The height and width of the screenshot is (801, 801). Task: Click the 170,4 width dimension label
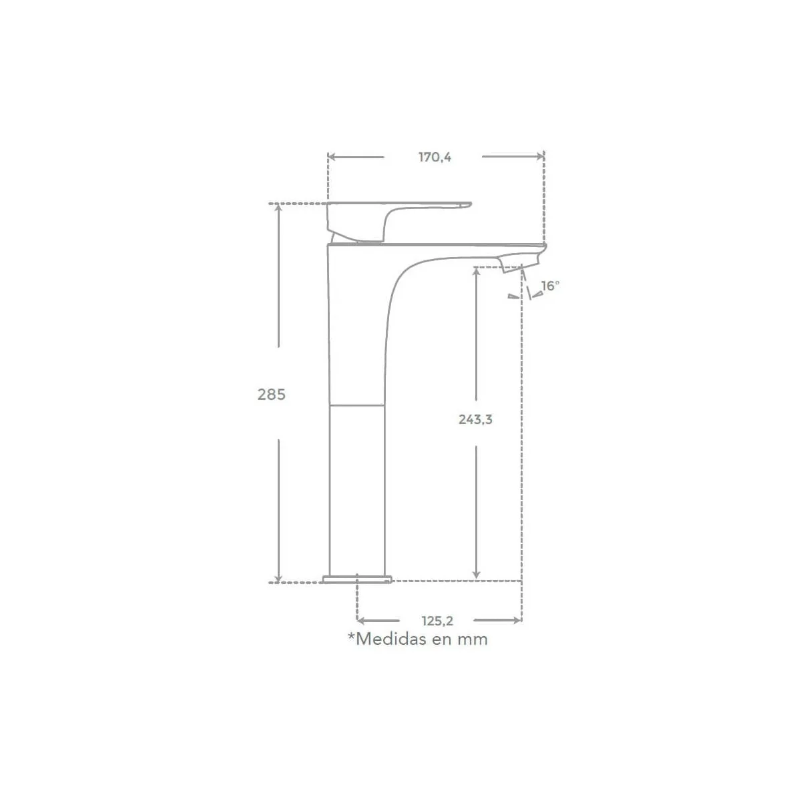tap(435, 157)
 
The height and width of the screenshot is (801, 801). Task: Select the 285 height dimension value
tap(272, 394)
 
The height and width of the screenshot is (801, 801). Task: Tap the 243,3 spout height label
tap(475, 419)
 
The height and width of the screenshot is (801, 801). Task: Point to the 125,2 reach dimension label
tap(437, 621)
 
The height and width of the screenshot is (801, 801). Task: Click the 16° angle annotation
tap(550, 286)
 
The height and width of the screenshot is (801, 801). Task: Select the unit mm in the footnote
tap(473, 641)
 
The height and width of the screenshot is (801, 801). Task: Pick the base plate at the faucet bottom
tap(357, 579)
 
